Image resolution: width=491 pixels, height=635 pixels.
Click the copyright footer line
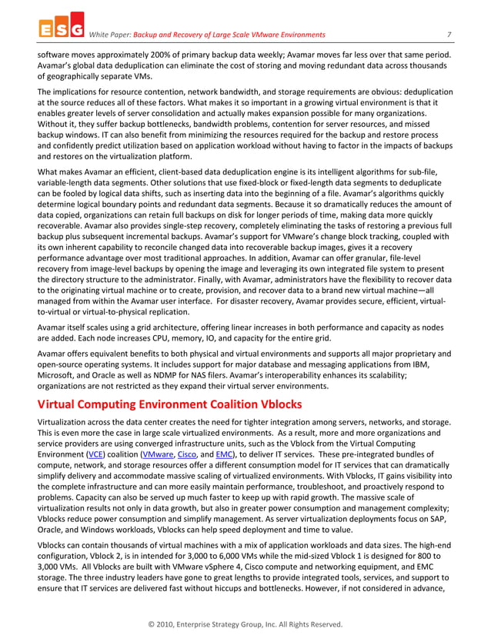click(245, 624)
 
